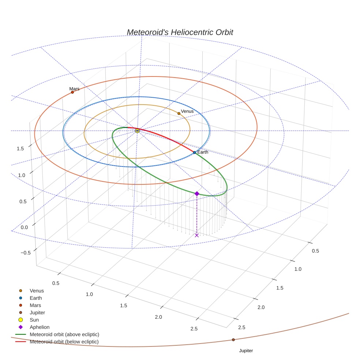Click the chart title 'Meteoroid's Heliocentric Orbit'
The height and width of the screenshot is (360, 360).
coord(180,32)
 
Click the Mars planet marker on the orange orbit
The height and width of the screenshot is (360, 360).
coord(72,92)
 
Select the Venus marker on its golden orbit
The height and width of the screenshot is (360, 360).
coord(179,113)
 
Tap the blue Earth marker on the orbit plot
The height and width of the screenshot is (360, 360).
coord(194,152)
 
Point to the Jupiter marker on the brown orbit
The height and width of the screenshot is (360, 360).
coord(233,340)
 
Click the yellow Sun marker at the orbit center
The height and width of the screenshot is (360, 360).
coord(137,131)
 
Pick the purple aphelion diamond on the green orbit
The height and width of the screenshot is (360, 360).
coord(197,194)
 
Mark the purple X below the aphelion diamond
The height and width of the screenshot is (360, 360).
coord(197,235)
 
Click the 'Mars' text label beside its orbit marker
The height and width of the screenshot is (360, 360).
coord(74,89)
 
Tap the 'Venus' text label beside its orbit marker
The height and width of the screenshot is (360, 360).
coord(187,111)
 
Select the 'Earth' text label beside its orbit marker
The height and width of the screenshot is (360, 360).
coord(203,152)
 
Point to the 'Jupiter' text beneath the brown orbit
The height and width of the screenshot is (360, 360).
coord(246,350)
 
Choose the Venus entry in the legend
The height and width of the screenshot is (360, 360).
coord(37,291)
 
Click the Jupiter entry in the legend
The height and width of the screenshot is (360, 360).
coord(37,313)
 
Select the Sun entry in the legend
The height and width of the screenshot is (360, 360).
coord(34,320)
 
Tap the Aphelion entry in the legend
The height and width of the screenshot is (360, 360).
coord(40,327)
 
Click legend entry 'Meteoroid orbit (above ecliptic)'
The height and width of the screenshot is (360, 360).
coord(64,334)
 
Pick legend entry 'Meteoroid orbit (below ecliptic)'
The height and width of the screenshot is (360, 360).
coord(64,342)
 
